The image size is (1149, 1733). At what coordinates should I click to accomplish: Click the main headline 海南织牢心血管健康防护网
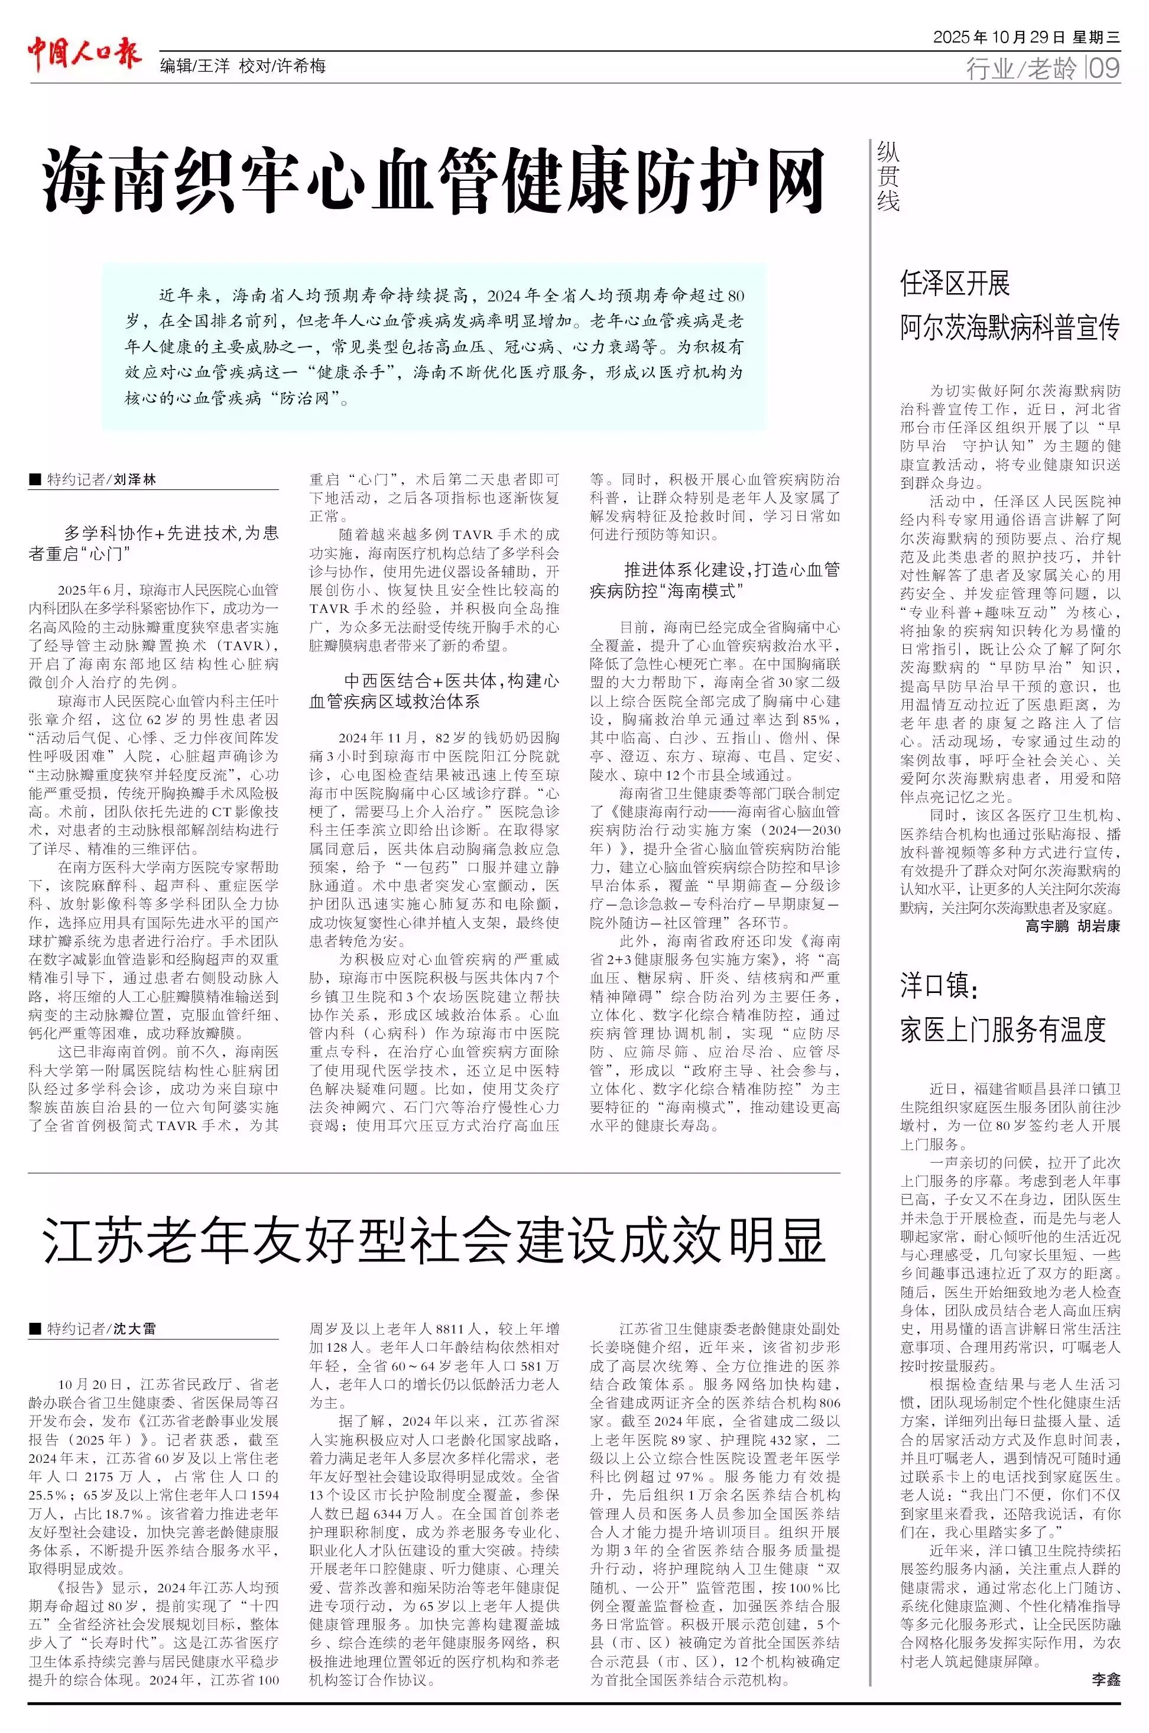(x=434, y=180)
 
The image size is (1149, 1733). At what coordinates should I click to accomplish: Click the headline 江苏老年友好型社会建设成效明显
(x=434, y=1241)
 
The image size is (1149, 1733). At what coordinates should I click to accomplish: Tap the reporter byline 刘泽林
(x=134, y=480)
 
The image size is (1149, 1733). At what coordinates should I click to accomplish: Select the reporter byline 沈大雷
(x=134, y=1329)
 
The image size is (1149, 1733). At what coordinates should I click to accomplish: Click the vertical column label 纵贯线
(x=888, y=177)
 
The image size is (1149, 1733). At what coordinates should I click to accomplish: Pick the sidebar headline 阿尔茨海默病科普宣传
(x=1010, y=327)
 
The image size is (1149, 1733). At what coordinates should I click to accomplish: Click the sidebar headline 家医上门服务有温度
(x=1002, y=1030)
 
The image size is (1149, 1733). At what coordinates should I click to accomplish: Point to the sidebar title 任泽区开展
(x=955, y=284)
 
